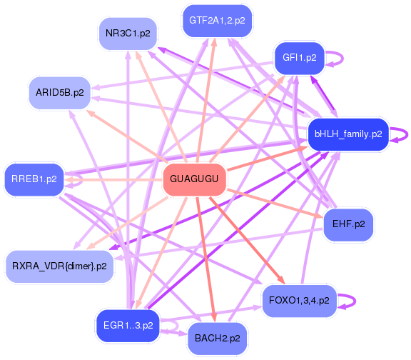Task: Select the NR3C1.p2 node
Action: click(x=128, y=34)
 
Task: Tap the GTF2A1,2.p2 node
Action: click(x=213, y=21)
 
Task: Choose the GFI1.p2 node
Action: click(x=299, y=58)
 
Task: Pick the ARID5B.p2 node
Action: click(x=59, y=93)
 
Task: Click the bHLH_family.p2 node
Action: click(x=347, y=134)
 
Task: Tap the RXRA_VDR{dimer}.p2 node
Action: click(x=59, y=266)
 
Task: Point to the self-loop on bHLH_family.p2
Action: click(x=404, y=134)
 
